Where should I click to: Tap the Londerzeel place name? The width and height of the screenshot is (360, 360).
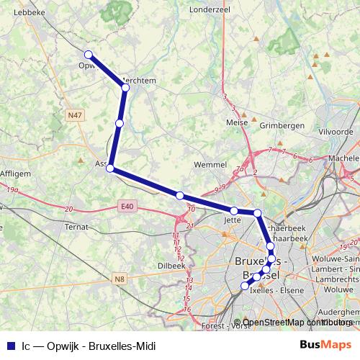tap(209, 10)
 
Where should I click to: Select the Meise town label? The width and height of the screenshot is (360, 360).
tap(237, 122)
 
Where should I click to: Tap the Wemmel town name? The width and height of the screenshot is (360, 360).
tap(210, 165)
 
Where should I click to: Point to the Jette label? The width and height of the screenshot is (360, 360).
tap(232, 220)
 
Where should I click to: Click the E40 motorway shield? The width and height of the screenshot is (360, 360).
tap(127, 207)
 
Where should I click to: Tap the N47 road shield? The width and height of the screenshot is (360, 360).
tap(74, 114)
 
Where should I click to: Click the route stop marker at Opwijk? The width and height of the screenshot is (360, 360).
tap(89, 54)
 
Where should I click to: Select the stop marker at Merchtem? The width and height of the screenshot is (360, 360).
tap(125, 87)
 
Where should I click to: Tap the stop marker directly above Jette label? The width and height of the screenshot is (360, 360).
tap(234, 210)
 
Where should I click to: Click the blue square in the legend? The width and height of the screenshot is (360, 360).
tap(10, 346)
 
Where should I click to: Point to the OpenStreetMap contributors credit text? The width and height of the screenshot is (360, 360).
tap(297, 323)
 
